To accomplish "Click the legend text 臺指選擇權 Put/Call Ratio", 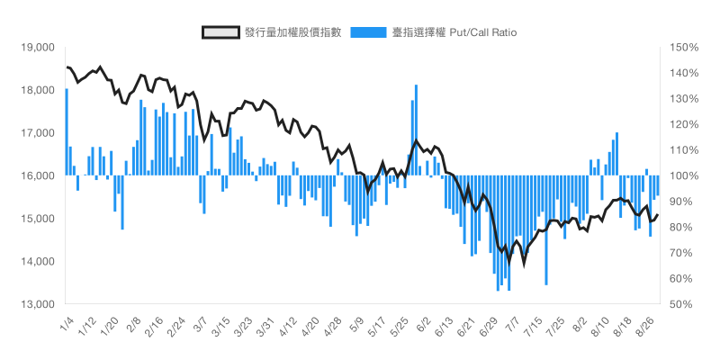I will coord(454,32).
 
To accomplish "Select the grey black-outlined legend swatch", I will coord(220,32).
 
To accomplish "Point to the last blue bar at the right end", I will coord(658,185).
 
